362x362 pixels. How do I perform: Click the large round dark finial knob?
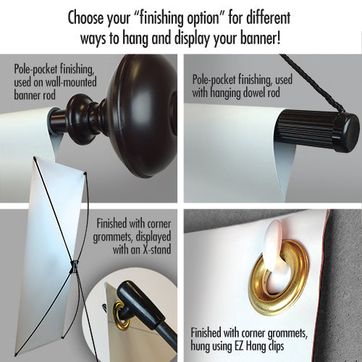tap(143, 116)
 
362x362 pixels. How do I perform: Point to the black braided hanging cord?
tap(311, 82)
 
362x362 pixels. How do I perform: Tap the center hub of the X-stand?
tap(74, 266)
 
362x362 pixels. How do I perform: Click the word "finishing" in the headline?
tap(161, 18)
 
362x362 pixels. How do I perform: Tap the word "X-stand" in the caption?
tap(156, 249)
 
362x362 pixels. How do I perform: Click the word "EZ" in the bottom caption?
tap(240, 346)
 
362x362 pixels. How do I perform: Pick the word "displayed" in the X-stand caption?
tap(153, 237)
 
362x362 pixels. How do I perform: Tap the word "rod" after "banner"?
tap(49, 95)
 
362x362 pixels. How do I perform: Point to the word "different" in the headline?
tap(268, 17)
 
